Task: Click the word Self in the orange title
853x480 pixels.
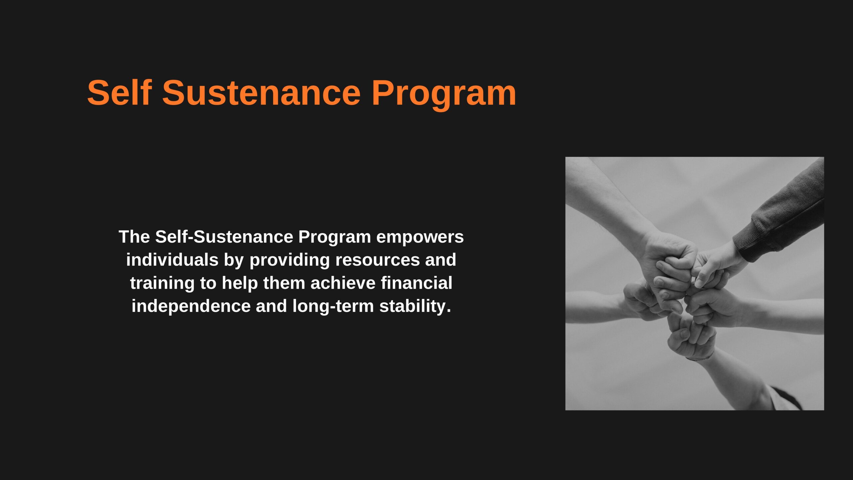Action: (x=120, y=93)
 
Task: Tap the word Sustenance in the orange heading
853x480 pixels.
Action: (x=262, y=93)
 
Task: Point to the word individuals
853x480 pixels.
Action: (x=172, y=260)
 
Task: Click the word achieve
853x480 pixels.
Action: (x=343, y=283)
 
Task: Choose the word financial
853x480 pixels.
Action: (x=417, y=283)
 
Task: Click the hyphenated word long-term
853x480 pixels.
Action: (x=333, y=306)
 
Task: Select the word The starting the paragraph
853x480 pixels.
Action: (x=135, y=237)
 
